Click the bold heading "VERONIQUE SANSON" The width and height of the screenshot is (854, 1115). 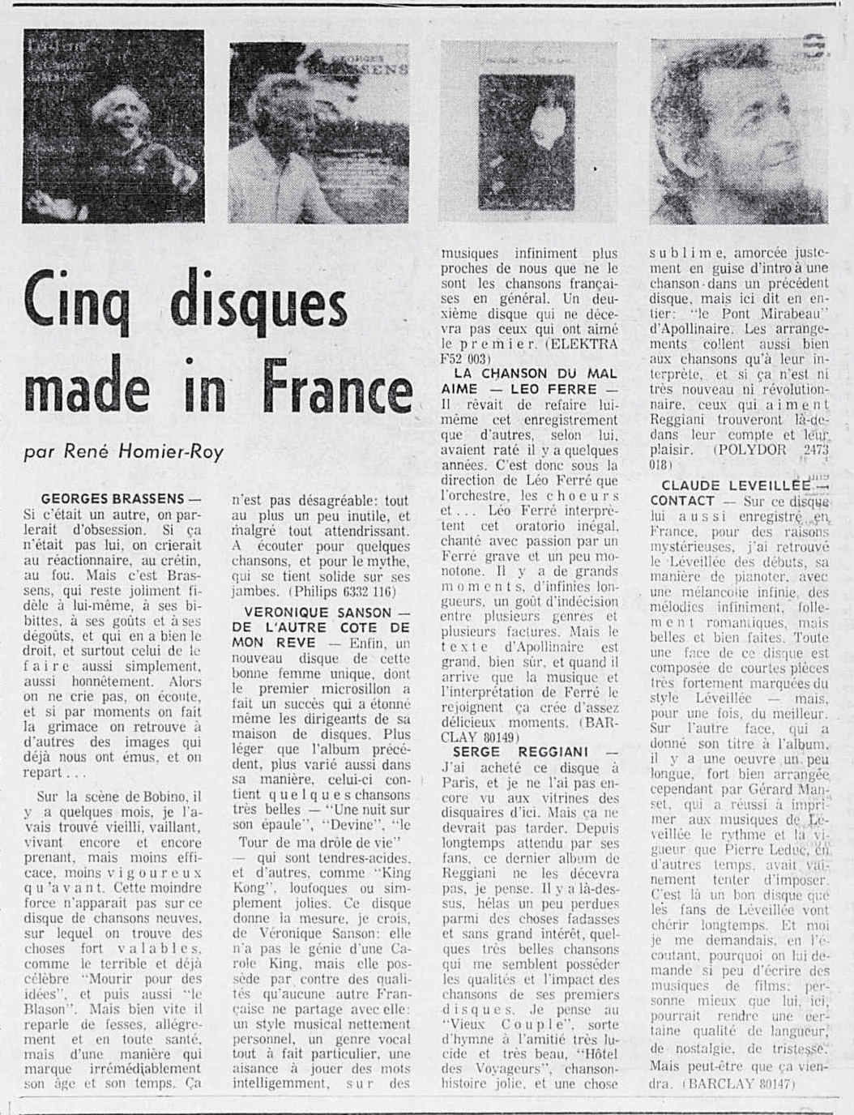pos(307,613)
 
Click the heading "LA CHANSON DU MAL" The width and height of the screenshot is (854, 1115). pos(535,374)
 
